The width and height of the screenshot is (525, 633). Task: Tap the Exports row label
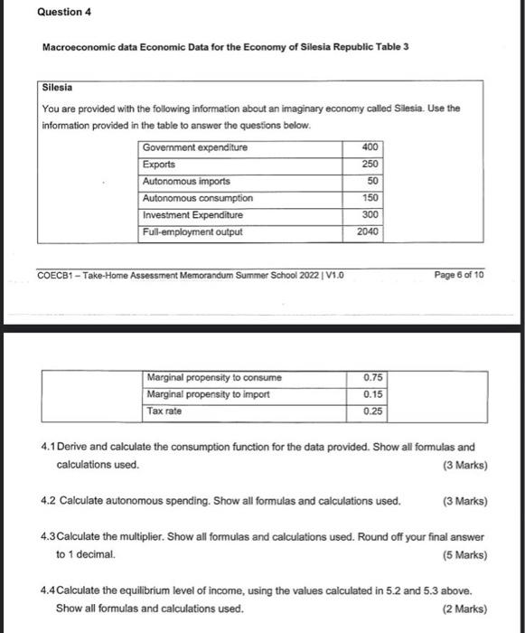pyautogui.click(x=159, y=165)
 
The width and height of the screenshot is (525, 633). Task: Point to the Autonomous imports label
pyautogui.click(x=187, y=181)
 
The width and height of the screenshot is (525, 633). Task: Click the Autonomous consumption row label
pyautogui.click(x=198, y=198)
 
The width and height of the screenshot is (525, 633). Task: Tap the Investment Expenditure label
pyautogui.click(x=192, y=215)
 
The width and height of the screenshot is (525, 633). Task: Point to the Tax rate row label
pyautogui.click(x=166, y=411)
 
